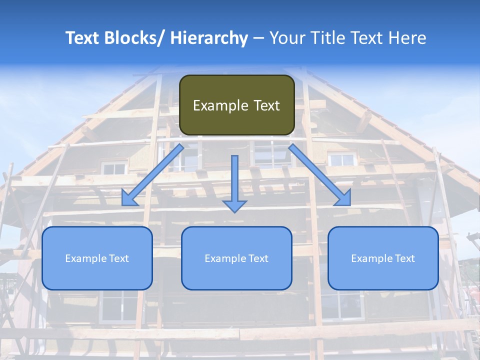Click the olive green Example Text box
point(236,105)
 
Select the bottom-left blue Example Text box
point(97,258)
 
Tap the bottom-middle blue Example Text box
point(236,258)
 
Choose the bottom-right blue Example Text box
point(383,258)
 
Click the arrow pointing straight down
point(234,180)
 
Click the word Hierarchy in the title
point(209,38)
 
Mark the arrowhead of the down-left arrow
point(129,199)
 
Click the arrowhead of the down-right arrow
point(343,198)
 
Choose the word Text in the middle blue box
point(258,258)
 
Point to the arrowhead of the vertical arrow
point(234,205)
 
